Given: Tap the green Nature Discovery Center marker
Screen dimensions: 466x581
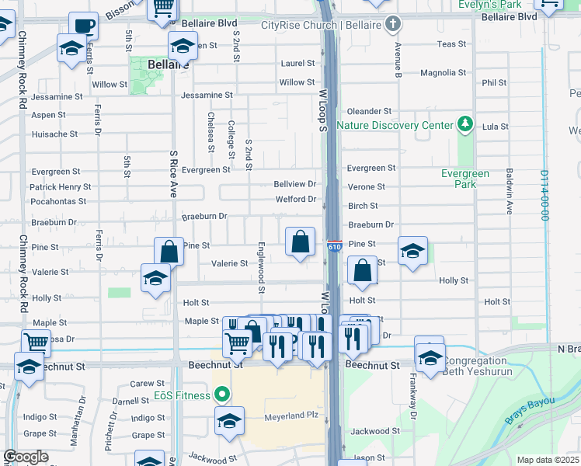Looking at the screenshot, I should point(465,123).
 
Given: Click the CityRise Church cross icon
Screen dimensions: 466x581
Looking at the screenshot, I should point(394,23).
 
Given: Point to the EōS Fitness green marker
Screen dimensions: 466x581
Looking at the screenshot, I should point(222,395).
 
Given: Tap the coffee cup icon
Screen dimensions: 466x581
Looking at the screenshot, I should point(83,26).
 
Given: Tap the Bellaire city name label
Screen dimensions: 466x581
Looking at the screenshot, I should point(166,64).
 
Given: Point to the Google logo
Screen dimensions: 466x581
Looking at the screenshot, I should point(26,457).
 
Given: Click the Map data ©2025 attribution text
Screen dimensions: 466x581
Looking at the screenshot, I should point(547,460).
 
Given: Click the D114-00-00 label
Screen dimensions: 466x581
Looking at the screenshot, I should point(544,196).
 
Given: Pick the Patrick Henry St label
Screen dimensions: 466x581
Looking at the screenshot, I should point(60,187).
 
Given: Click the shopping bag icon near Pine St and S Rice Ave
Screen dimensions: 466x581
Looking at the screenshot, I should point(169,252).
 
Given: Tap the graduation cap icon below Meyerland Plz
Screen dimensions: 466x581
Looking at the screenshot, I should point(230,422).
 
